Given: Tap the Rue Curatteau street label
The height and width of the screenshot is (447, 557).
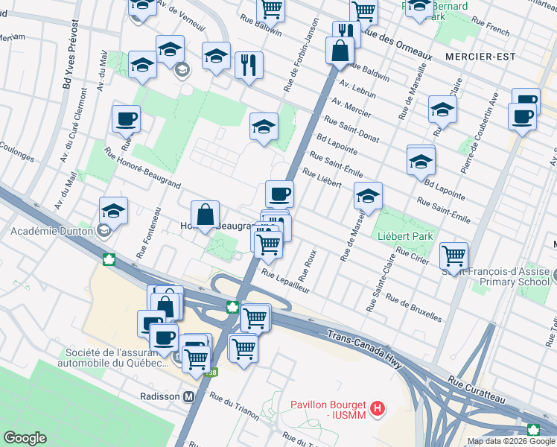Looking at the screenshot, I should [477, 391].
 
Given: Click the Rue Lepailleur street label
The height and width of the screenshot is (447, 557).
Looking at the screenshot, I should [285, 282].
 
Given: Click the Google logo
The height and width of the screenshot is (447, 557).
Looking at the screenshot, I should [25, 438].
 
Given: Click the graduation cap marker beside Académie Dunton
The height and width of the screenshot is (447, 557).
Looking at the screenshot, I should [113, 210].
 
